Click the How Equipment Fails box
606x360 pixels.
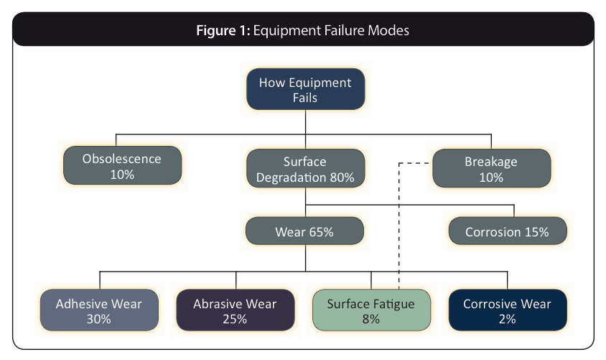305,89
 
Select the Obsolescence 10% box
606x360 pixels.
122,165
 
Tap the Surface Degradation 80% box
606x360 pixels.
305,168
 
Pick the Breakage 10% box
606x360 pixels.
492,168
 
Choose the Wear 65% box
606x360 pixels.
304,231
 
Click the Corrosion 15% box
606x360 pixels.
508,231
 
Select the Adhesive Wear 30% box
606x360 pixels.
99,310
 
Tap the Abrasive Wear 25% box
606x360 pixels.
236,310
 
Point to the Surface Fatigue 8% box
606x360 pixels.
371,310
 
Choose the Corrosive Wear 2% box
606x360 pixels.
508,310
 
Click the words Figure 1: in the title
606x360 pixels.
223,30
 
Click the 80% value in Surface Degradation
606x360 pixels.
342,177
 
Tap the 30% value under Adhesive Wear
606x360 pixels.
99,319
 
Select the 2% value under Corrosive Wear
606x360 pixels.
507,319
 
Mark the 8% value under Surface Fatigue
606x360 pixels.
371,319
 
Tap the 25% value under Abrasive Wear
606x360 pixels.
235,319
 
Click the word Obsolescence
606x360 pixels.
122,159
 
